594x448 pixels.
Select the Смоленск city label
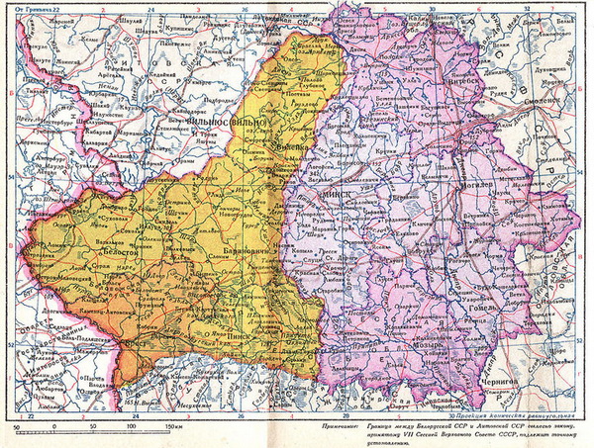pos(532,100)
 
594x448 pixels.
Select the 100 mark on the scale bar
pos(132,425)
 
